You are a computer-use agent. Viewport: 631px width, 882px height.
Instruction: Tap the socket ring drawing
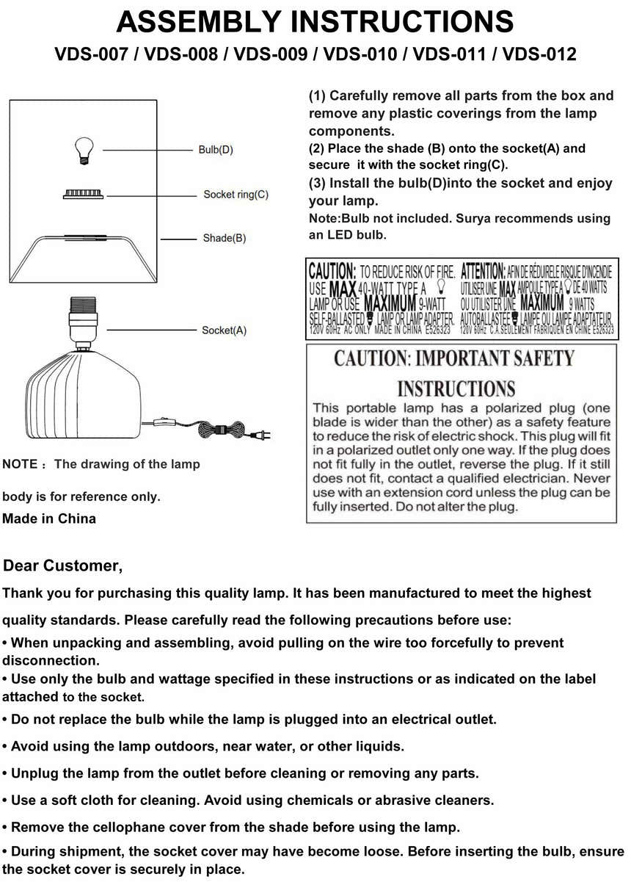tap(81, 194)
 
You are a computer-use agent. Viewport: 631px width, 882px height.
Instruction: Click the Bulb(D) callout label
tap(216, 151)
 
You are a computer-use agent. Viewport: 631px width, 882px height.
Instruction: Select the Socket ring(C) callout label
tap(236, 195)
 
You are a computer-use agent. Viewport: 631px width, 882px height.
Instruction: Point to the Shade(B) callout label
tap(224, 238)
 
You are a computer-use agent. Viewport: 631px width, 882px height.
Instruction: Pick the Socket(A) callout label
tap(224, 330)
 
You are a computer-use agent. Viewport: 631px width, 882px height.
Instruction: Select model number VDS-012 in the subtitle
tap(539, 54)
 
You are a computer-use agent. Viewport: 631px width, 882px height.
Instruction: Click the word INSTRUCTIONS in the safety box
tap(456, 388)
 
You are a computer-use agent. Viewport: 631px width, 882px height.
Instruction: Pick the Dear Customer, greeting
tap(63, 566)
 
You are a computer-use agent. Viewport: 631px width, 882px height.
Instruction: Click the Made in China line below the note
tap(49, 518)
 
